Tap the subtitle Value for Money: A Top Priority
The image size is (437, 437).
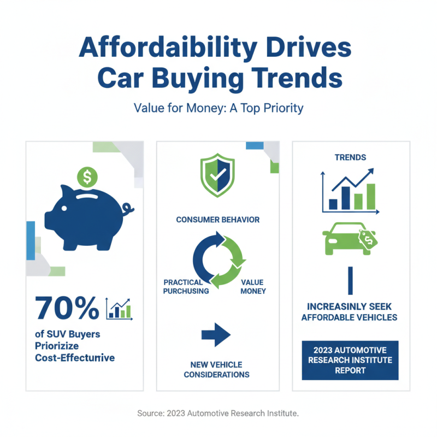click(x=218, y=108)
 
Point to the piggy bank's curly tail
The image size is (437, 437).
click(x=129, y=209)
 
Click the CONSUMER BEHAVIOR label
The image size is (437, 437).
click(x=217, y=220)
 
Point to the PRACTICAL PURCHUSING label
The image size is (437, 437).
click(x=186, y=287)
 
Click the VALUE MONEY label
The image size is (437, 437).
click(x=252, y=287)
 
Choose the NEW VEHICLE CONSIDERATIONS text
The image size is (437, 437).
click(x=216, y=370)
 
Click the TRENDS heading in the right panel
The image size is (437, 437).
click(x=350, y=157)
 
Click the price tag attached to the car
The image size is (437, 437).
click(x=369, y=238)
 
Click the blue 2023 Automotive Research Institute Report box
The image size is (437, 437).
click(x=350, y=360)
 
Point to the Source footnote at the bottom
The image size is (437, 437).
click(x=218, y=414)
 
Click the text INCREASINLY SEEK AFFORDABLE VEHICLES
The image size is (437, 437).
click(x=350, y=312)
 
